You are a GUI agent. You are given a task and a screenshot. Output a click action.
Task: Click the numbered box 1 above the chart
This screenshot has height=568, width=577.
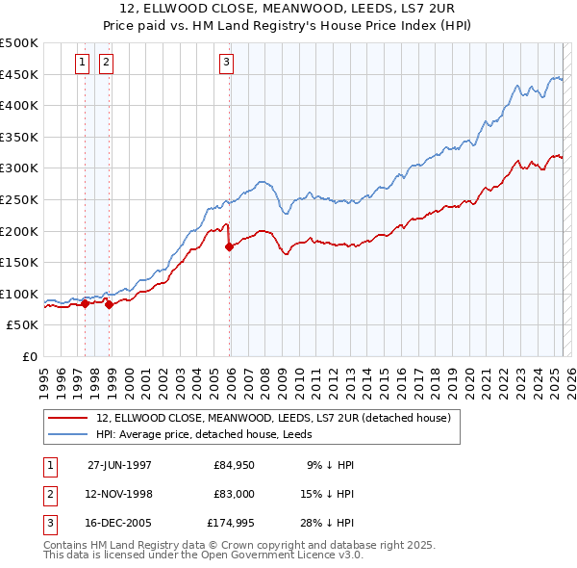tap(82, 64)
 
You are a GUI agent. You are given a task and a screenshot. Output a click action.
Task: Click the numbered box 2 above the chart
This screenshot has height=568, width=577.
tap(105, 64)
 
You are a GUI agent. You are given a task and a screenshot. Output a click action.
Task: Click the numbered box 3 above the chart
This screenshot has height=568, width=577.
tap(226, 64)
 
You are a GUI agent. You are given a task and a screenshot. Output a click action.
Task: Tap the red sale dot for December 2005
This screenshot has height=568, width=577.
tap(230, 246)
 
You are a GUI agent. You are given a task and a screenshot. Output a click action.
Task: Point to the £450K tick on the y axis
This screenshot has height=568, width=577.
tap(19, 74)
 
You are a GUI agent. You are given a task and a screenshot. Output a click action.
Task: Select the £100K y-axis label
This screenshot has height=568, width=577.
tap(19, 294)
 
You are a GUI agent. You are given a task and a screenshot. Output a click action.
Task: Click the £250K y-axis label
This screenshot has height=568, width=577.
tap(19, 199)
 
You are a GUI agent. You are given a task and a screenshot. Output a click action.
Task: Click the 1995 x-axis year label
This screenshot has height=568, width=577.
tap(43, 374)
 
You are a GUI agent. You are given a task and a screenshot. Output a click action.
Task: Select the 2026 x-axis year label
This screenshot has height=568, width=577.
tap(569, 374)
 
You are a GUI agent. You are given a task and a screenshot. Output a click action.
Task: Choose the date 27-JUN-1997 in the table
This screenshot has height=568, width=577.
tap(119, 465)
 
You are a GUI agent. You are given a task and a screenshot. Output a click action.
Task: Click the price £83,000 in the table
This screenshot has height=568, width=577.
tap(235, 495)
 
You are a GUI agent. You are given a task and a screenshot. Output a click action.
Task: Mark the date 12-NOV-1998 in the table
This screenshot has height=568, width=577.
tap(119, 495)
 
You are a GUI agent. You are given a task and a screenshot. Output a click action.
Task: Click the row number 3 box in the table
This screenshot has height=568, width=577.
tap(49, 525)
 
